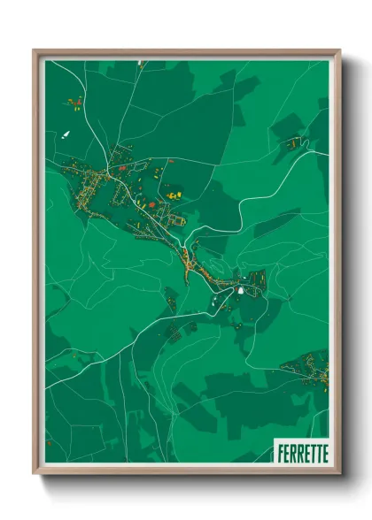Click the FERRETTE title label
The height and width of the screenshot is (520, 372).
point(302,452)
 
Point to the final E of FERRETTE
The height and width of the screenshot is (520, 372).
point(324,452)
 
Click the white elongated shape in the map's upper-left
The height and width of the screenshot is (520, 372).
point(66,134)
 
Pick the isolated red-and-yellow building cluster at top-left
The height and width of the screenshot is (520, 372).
point(74,103)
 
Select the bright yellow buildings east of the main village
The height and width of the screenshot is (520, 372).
point(174,194)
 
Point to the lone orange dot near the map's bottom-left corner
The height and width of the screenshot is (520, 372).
point(50,442)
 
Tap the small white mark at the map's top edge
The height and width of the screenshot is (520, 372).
point(141,63)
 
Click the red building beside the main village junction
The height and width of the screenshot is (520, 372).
point(121,168)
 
